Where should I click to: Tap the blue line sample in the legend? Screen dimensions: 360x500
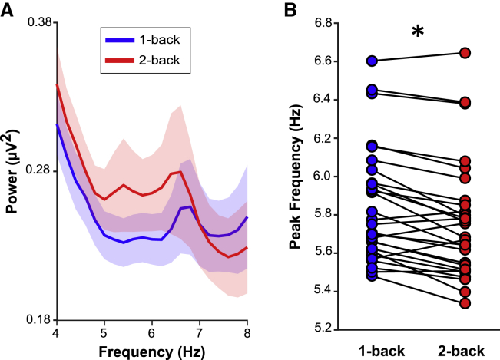[119, 38]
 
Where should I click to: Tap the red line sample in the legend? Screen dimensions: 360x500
[119, 58]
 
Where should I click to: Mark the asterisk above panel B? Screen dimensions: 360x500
[418, 32]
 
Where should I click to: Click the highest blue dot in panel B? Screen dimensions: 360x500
[372, 61]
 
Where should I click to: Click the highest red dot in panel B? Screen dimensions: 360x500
[465, 53]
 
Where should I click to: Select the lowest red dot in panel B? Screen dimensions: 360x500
[465, 303]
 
